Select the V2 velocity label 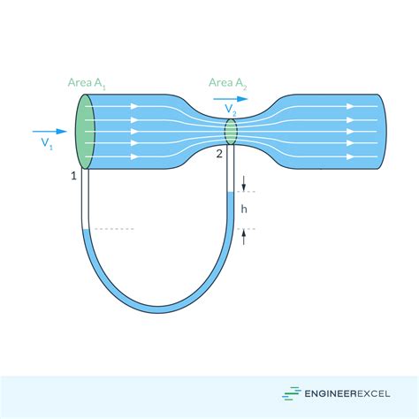[x=230, y=109]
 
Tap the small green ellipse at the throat [x=231, y=132]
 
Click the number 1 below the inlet [x=75, y=176]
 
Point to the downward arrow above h [x=243, y=183]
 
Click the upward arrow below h [x=243, y=236]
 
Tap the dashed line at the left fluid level [x=113, y=230]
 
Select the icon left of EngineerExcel [x=291, y=394]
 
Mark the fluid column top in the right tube [x=232, y=193]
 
